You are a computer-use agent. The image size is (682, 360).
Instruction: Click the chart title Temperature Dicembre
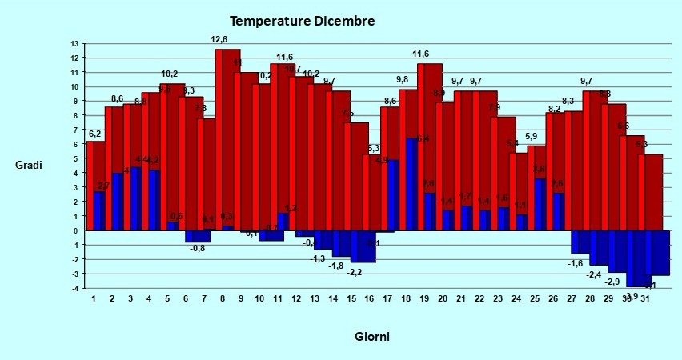point(302,21)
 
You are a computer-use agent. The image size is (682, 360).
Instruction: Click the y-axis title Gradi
point(28,166)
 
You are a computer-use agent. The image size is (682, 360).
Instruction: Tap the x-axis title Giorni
point(372,337)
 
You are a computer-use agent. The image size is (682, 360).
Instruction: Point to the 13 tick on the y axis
point(74,44)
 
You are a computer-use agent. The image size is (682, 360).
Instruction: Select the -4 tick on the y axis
point(74,288)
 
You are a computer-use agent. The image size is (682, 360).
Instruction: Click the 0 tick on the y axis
point(75,230)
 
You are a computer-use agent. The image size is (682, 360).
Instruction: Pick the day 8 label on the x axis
point(222,299)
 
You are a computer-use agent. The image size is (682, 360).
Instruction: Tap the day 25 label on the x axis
point(535,299)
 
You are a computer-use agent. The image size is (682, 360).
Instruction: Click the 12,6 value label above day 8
point(219,39)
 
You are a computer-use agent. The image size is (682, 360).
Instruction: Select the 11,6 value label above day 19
point(421,54)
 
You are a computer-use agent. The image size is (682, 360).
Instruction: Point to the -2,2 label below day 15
point(355,272)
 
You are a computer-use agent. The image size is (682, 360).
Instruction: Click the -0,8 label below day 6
point(198,248)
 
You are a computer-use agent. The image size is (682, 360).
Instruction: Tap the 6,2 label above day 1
point(94,134)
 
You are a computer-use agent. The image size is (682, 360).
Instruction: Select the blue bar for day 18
point(411,184)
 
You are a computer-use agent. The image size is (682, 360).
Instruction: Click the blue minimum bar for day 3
point(135,199)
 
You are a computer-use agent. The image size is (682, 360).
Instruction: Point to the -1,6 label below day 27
point(576,263)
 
